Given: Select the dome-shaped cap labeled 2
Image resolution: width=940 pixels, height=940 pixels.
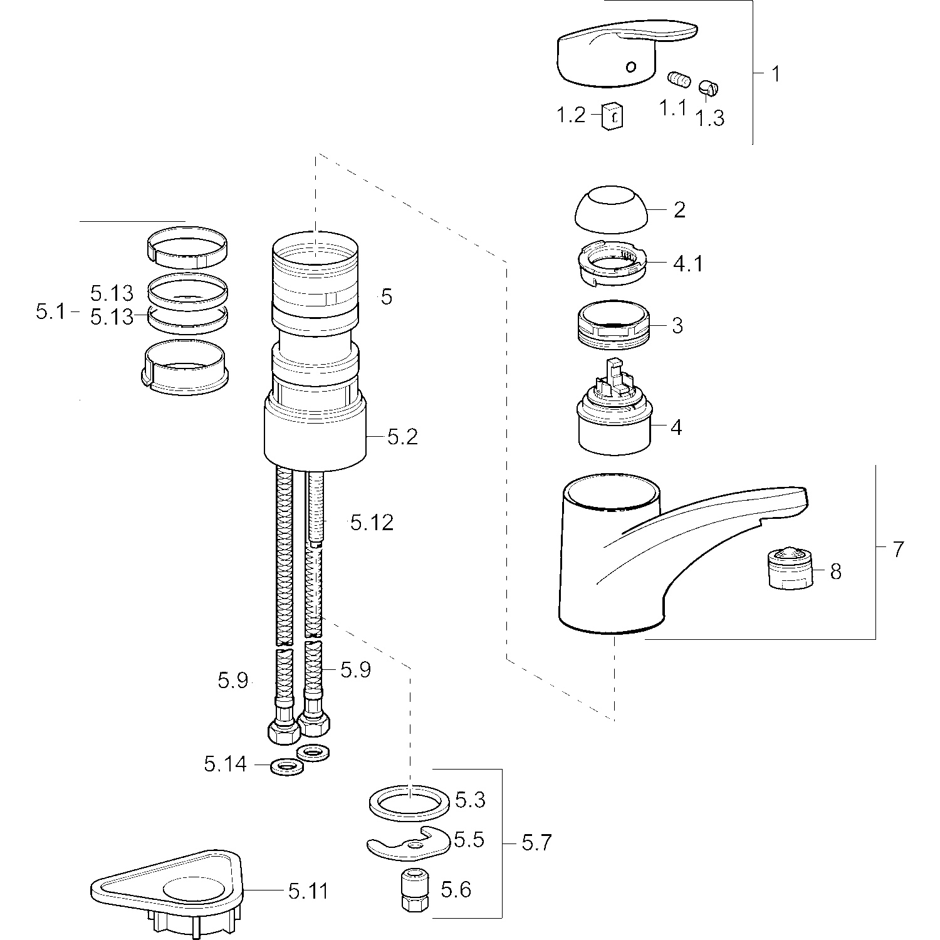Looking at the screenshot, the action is [x=611, y=209].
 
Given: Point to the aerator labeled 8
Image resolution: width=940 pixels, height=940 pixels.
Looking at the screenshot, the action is [x=791, y=568].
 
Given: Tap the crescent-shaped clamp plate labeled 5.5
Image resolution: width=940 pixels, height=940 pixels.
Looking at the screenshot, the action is [x=407, y=843].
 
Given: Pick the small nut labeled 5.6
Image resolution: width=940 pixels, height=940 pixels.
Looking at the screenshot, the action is [x=411, y=889].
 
